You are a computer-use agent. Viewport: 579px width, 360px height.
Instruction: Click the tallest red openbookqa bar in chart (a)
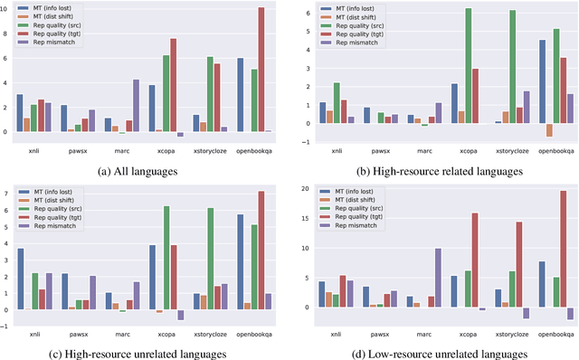261,70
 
